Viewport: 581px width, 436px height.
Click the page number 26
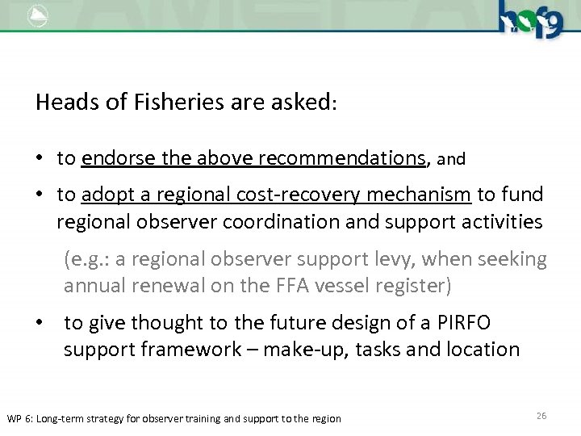click(541, 415)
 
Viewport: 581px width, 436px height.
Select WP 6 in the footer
click(18, 418)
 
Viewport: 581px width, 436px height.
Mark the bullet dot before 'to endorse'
click(40, 158)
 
